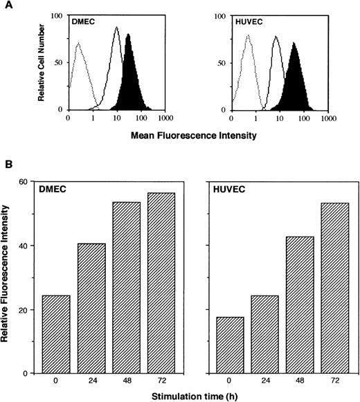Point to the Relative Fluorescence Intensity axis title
[9, 277]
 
